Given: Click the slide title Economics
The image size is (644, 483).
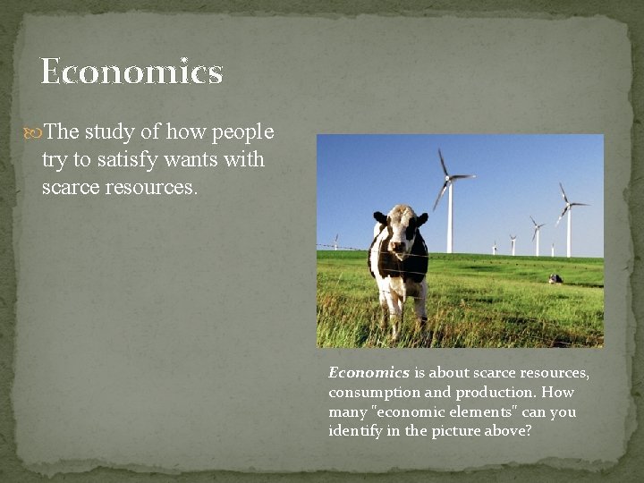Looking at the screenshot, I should (131, 72).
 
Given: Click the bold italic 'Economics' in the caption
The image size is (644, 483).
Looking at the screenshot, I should (369, 373).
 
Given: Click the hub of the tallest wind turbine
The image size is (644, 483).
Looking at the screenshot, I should (449, 177).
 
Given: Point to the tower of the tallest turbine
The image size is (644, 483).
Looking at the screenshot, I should (450, 219).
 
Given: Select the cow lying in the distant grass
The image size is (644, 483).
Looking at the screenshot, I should (555, 279).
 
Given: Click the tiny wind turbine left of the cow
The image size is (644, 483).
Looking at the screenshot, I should (336, 241).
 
